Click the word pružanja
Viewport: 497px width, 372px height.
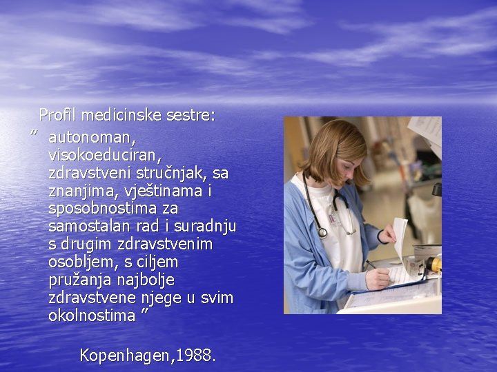(x=79, y=280)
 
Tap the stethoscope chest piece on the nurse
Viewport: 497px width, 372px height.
(x=322, y=233)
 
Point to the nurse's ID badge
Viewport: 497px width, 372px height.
(x=335, y=218)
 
